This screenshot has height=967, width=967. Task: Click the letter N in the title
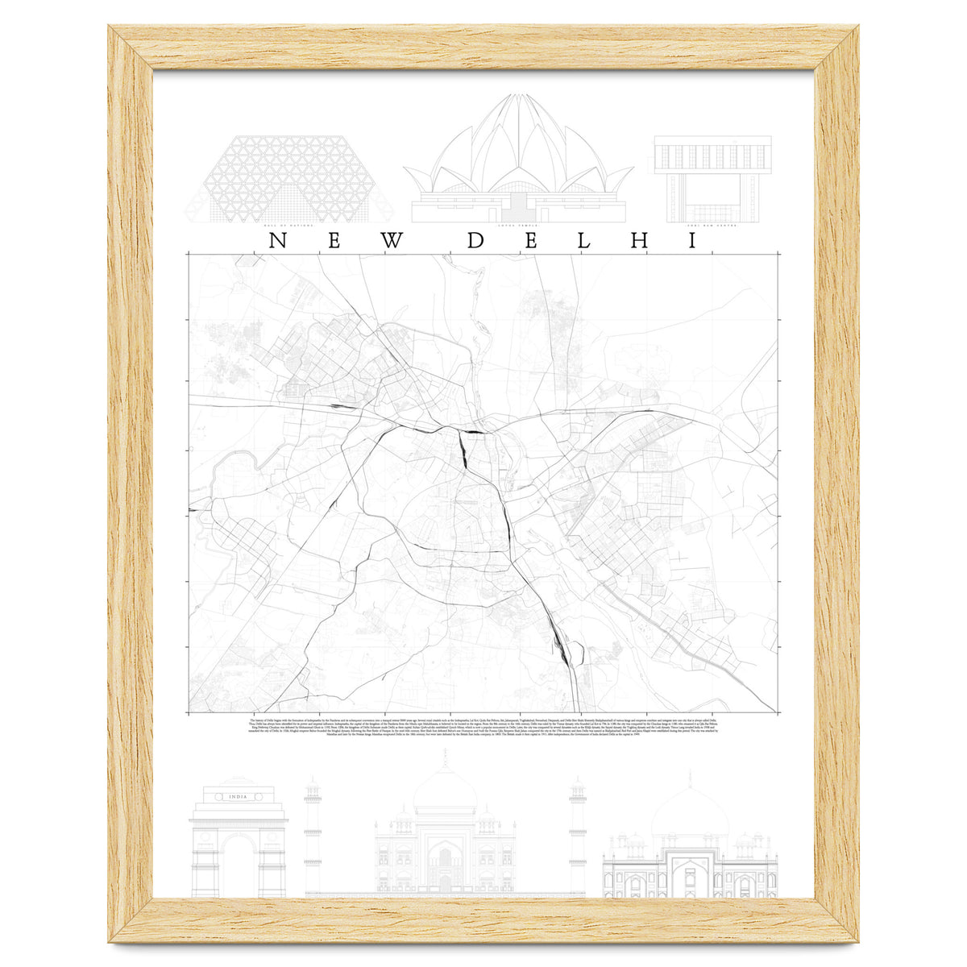coord(276,241)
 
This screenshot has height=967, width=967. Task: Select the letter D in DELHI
coord(477,241)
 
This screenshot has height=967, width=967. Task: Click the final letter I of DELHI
coord(691,241)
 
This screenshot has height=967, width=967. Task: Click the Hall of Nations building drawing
coord(288,177)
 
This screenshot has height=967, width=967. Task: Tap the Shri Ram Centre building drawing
coord(712,177)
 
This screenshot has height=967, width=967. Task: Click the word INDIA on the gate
coord(238,798)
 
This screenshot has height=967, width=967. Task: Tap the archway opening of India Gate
coord(239,866)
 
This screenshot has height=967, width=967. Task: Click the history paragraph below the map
coord(483,728)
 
